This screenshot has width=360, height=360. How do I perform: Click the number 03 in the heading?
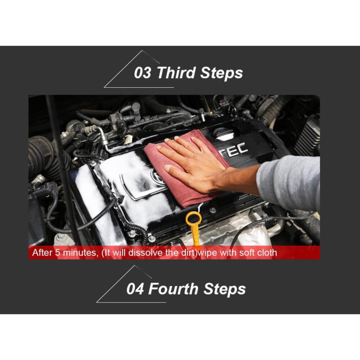(x=143, y=73)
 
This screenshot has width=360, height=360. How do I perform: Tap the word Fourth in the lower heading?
(x=173, y=289)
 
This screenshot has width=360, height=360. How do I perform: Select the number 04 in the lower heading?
(x=135, y=289)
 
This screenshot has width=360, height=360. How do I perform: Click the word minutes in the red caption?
(x=80, y=253)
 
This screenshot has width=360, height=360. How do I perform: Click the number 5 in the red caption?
(x=57, y=253)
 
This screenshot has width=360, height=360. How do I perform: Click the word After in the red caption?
(x=42, y=253)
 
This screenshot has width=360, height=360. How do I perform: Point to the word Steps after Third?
(x=221, y=73)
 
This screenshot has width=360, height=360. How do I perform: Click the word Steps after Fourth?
(x=224, y=289)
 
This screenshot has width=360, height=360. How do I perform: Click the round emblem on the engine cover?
(x=158, y=176)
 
